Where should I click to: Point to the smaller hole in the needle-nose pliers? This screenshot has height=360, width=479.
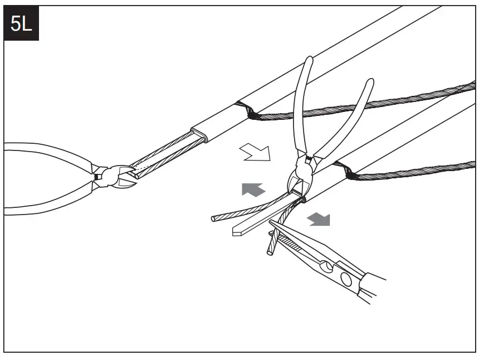(328, 267)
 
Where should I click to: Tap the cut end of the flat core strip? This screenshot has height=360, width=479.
(237, 232)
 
